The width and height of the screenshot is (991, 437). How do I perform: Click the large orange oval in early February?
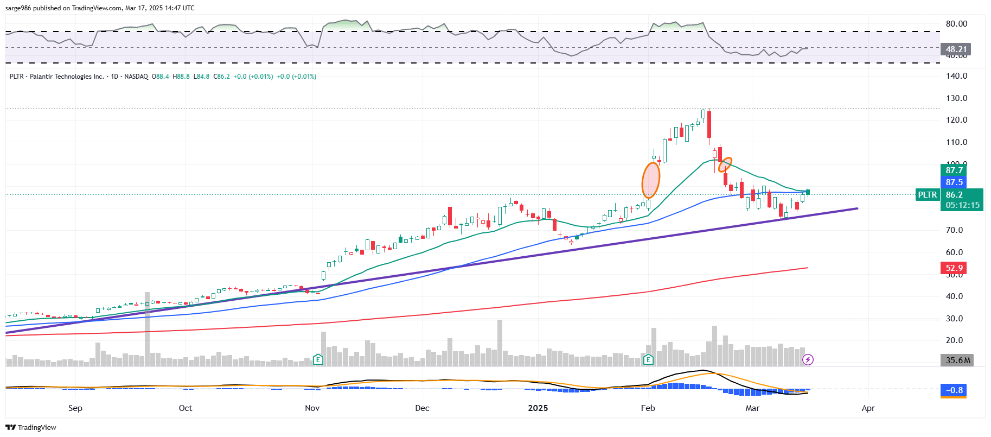tap(650, 180)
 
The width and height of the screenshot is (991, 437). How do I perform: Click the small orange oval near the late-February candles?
tap(725, 164)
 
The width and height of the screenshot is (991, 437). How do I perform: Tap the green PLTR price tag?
tap(927, 195)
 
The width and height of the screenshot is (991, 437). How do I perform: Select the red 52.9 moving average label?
tap(954, 268)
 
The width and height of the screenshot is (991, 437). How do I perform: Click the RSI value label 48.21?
tap(956, 49)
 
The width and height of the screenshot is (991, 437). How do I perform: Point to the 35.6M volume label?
tap(957, 360)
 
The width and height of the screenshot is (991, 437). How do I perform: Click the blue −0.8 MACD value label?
tap(954, 390)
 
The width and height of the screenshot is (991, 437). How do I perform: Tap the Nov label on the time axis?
tap(312, 408)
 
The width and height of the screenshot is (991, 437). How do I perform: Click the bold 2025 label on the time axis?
tap(538, 408)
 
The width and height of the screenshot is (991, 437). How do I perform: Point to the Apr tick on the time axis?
tap(868, 408)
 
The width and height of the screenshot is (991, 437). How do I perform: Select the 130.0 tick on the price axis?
tap(956, 98)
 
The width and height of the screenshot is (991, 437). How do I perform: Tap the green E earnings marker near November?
tap(318, 359)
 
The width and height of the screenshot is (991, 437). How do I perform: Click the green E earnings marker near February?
tap(648, 359)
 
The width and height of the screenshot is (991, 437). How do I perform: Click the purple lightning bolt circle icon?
tap(808, 359)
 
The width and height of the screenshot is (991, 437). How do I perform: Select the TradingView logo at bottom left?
tap(31, 428)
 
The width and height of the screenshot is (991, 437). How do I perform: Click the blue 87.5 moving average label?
tap(954, 182)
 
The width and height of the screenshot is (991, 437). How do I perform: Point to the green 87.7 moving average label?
tap(954, 170)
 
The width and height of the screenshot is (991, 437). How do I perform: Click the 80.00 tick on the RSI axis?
tap(956, 24)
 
